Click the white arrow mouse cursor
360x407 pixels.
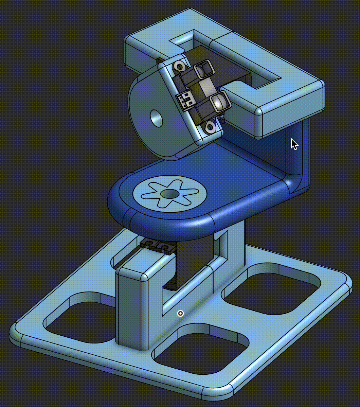point(294,144)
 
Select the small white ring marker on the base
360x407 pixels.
point(181,313)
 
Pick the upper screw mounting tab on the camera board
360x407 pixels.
point(179,66)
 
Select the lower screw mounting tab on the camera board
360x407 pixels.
point(210,127)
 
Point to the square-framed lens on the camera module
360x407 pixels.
point(204,69)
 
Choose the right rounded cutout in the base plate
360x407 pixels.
point(272,289)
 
